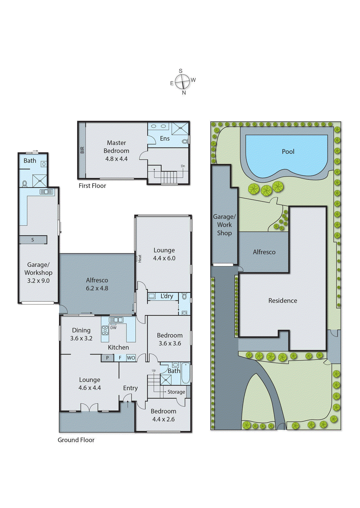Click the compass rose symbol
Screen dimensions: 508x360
coord(182,82)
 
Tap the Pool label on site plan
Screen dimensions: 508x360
coord(288,152)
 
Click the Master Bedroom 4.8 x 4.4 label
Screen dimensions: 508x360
coord(116,151)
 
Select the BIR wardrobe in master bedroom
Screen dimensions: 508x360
coord(82,150)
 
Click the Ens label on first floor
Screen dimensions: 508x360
coord(165,138)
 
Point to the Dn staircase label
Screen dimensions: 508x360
coord(183,166)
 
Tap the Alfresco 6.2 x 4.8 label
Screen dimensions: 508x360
coord(97,284)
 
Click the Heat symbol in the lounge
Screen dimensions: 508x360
coord(139,258)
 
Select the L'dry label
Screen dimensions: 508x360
coord(166,296)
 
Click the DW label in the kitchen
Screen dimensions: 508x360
coord(113,328)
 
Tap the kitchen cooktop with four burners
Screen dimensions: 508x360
coord(105,331)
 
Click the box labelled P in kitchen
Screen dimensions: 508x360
coord(107,358)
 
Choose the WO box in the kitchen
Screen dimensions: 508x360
coord(131,358)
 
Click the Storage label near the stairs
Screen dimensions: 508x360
coord(176,392)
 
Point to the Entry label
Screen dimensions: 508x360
coord(130,388)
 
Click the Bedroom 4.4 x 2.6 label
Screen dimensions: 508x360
coord(163,415)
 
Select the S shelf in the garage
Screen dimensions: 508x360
coord(33,240)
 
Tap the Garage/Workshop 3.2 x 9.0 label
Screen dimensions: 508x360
coord(38,272)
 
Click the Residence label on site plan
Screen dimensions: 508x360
coord(282,301)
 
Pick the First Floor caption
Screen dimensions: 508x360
coord(92,186)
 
